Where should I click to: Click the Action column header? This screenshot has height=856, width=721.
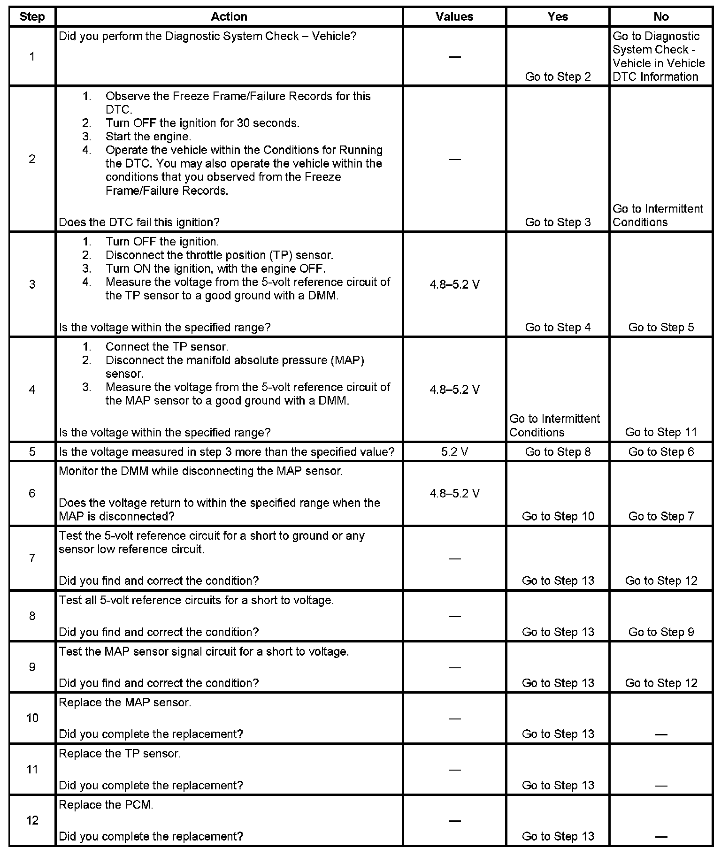229,17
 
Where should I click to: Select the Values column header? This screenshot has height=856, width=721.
454,17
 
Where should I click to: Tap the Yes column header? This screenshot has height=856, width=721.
558,17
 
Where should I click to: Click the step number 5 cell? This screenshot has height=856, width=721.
32,452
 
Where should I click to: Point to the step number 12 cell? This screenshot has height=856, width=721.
32,820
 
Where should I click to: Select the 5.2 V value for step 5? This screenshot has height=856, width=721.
454,452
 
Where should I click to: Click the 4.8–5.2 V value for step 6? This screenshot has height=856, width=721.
454,493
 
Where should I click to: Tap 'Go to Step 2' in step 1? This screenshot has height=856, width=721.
558,77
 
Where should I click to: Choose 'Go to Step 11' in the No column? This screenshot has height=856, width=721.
661,432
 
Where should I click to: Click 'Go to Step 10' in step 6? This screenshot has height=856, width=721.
558,516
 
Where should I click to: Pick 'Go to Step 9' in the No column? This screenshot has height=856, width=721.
661,632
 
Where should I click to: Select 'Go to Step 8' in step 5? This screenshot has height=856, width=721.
558,452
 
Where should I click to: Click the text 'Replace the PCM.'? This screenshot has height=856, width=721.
106,805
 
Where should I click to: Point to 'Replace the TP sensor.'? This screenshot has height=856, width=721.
120,754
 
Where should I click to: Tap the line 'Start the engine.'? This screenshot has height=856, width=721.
148,137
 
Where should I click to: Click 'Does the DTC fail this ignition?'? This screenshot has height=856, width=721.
139,222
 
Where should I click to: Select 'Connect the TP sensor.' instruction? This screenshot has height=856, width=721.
167,347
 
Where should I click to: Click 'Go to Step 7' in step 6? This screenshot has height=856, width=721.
661,516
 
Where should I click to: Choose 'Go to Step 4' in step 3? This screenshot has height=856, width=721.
558,327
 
